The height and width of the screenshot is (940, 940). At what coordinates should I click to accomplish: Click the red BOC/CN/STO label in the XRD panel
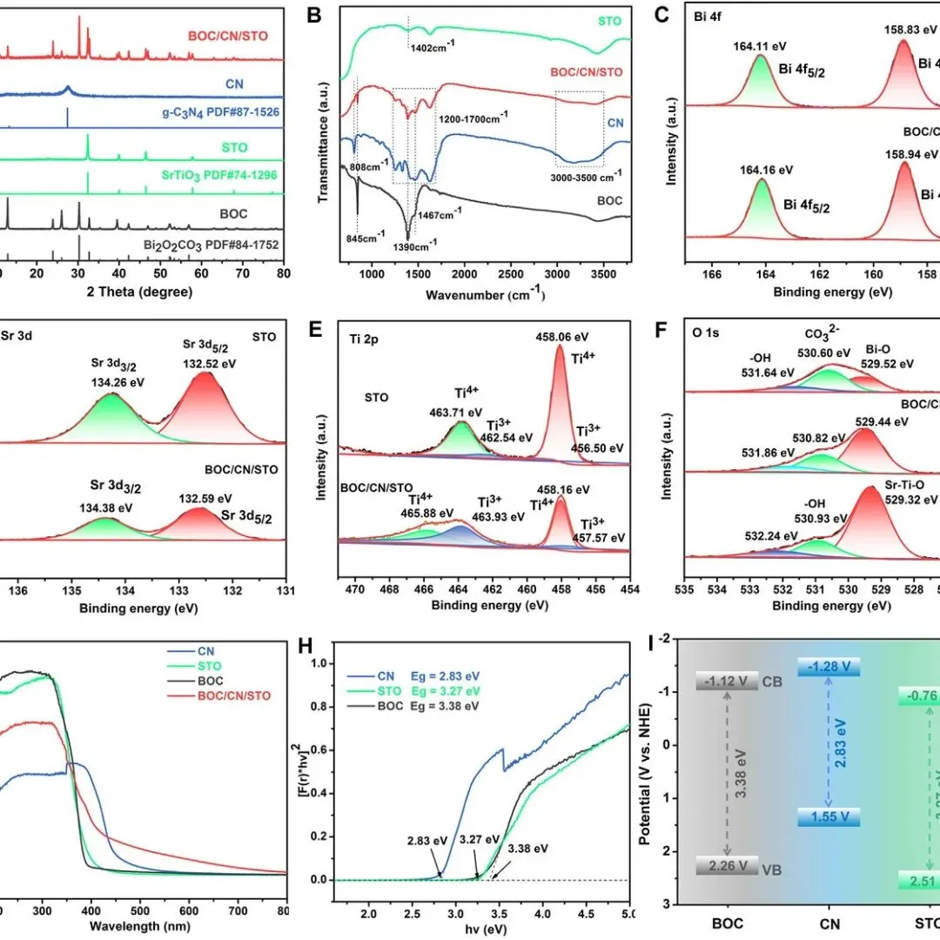pos(227,36)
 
